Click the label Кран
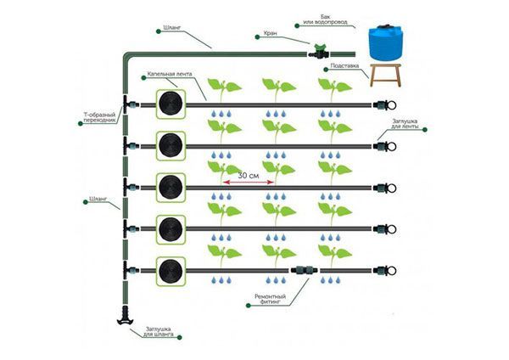coord(269,35)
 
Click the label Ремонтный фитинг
coord(270,300)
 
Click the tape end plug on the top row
coord(382,104)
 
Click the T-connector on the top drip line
coord(129,104)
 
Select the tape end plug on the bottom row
coord(382,270)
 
